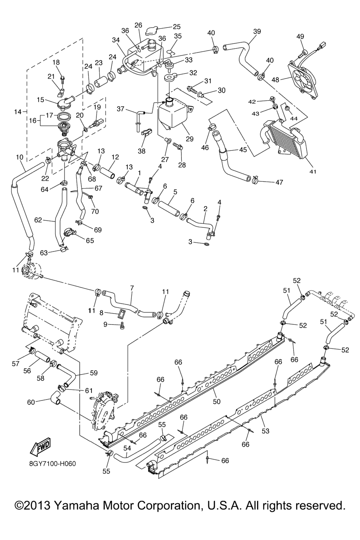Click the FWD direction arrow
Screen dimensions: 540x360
(x=40, y=447)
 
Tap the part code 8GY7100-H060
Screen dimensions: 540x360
(x=53, y=463)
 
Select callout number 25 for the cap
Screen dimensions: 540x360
(x=176, y=27)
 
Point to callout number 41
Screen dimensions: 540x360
(x=313, y=172)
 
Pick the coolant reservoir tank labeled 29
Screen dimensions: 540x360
(x=173, y=114)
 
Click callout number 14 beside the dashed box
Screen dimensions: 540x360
(x=18, y=112)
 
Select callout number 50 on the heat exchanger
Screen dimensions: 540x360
(x=217, y=401)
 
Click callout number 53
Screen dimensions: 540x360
(x=265, y=431)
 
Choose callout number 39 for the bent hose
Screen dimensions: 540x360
(x=257, y=31)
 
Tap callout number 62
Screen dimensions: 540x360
(x=38, y=220)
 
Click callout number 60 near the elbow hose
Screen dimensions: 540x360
(x=31, y=402)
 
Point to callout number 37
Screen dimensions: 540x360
(x=121, y=109)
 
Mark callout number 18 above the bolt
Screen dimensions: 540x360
(x=56, y=62)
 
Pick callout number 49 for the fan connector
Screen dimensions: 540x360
(x=300, y=37)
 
